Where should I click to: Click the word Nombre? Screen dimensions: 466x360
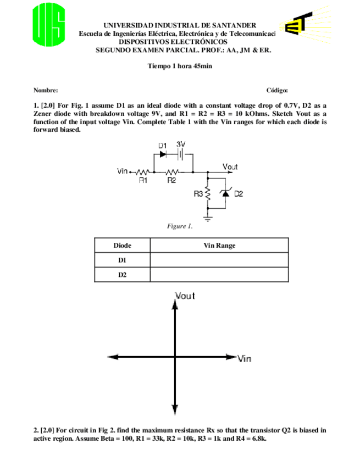[46, 90]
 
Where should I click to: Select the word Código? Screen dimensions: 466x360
[277, 90]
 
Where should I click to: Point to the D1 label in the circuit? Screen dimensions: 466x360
[163, 145]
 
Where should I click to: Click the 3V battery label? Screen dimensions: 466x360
[180, 144]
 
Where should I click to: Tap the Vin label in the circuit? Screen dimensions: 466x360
[123, 171]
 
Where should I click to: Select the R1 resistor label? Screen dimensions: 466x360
[142, 180]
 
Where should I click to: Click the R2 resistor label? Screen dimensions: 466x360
[171, 180]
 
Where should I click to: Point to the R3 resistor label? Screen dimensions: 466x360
[198, 194]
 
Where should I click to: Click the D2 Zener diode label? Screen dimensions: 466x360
[239, 194]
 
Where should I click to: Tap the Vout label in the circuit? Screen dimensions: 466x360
[230, 167]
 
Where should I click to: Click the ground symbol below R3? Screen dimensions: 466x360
[208, 218]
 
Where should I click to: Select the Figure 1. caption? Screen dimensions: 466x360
[180, 226]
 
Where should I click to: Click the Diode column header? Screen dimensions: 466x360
[122, 246]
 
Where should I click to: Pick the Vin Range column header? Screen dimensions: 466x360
[219, 246]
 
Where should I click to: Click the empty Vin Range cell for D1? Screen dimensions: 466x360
[219, 260]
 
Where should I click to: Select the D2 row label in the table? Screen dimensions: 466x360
[122, 274]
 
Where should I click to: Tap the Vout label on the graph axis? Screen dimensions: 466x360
[185, 296]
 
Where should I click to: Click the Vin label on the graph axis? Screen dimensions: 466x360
[245, 359]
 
